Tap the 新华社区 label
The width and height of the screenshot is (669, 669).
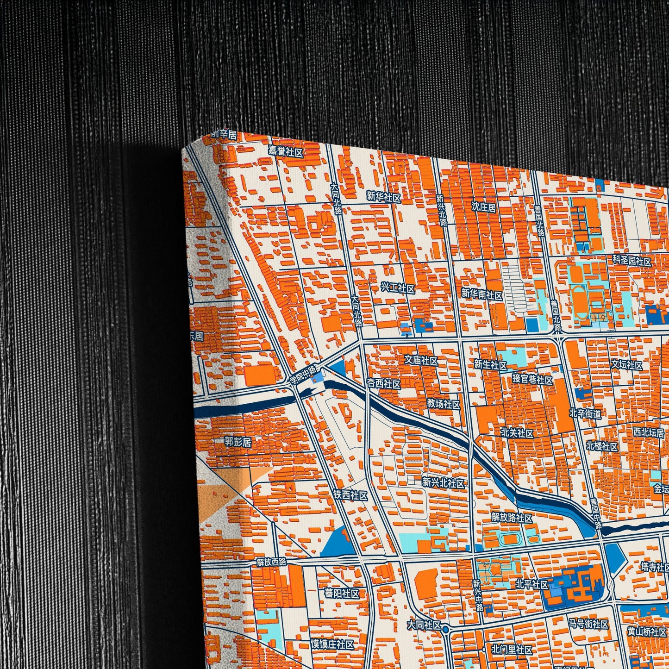[x=383, y=196]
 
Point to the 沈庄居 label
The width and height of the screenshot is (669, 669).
[x=484, y=206]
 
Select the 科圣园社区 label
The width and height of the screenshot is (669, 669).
[x=632, y=261]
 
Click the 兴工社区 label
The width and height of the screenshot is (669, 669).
[x=397, y=288]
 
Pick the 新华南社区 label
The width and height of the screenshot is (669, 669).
[x=481, y=294]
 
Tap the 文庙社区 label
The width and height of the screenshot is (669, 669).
[x=421, y=360]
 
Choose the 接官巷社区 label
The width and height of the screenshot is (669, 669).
[x=532, y=380]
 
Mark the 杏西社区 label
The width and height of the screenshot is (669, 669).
[x=383, y=384]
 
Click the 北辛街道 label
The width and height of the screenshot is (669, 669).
[x=585, y=413]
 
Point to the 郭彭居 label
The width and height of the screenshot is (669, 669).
[x=238, y=442]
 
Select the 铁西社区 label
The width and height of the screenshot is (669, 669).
[x=350, y=495]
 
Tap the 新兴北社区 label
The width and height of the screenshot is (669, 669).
[x=443, y=483]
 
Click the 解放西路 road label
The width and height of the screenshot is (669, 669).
[x=272, y=562]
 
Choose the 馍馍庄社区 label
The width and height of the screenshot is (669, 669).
[x=332, y=644]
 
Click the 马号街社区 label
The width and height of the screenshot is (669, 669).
[x=588, y=624]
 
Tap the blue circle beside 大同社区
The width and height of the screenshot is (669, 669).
[x=445, y=629]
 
